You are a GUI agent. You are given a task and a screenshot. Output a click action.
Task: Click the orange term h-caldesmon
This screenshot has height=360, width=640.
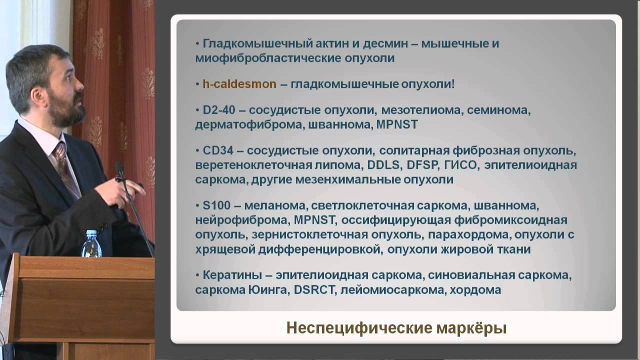pyautogui.click(x=239, y=84)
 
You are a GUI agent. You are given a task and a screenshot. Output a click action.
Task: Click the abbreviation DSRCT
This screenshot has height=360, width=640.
pyautogui.click(x=316, y=289)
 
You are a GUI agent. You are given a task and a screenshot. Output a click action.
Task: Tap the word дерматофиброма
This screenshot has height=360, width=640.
pyautogui.click(x=247, y=124)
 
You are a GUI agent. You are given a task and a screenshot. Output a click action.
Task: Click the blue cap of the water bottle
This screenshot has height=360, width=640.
pyautogui.click(x=91, y=233)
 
